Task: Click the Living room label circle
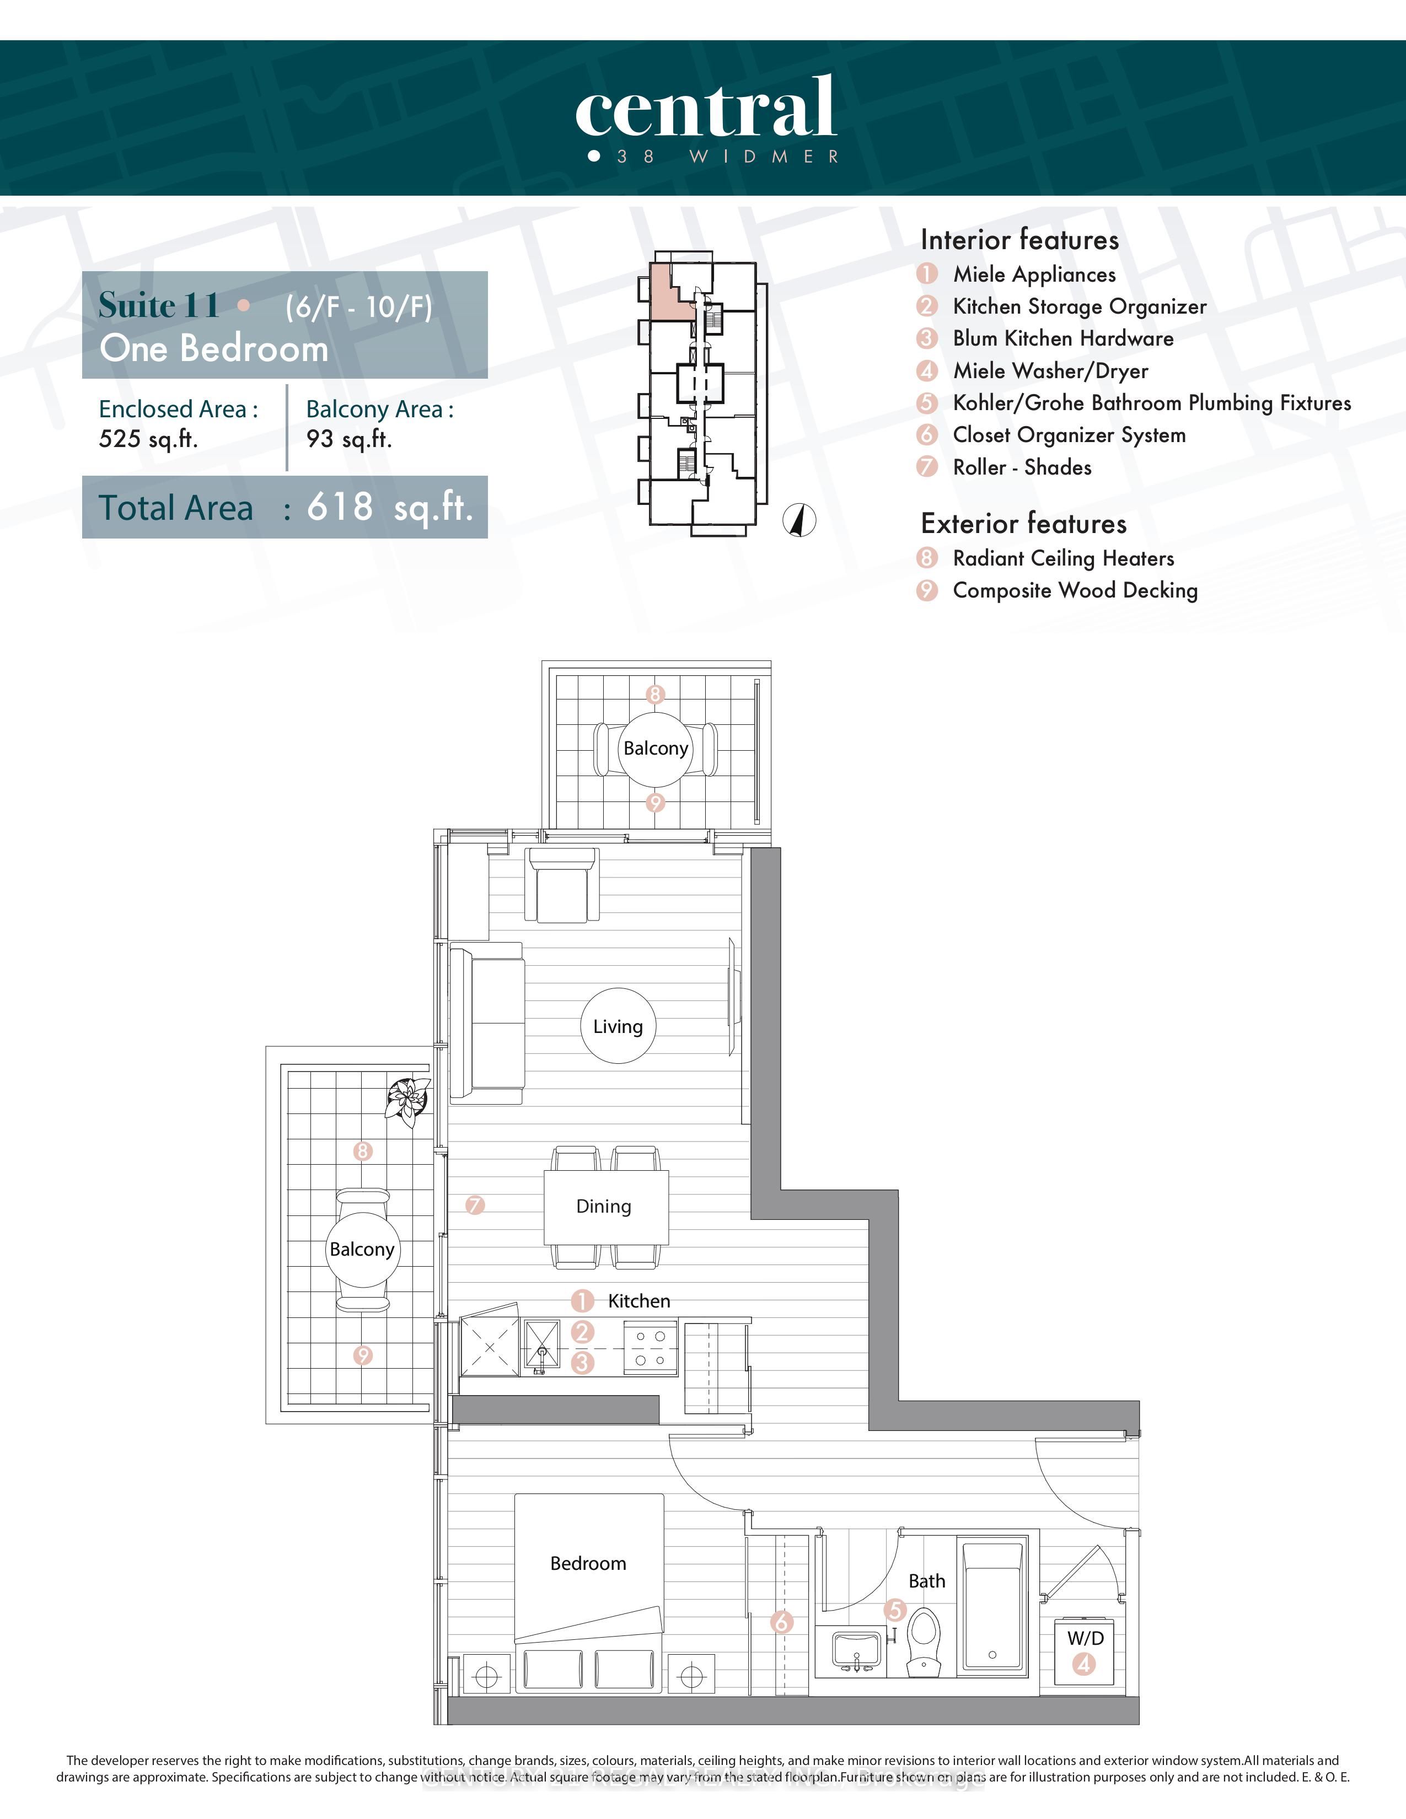click(617, 1026)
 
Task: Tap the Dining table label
click(604, 1206)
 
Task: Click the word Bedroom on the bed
click(588, 1563)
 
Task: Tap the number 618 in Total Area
click(339, 507)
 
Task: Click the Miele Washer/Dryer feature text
click(1050, 370)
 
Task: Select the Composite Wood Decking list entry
click(1075, 590)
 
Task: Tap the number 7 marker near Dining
click(475, 1205)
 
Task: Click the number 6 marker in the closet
click(781, 1622)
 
